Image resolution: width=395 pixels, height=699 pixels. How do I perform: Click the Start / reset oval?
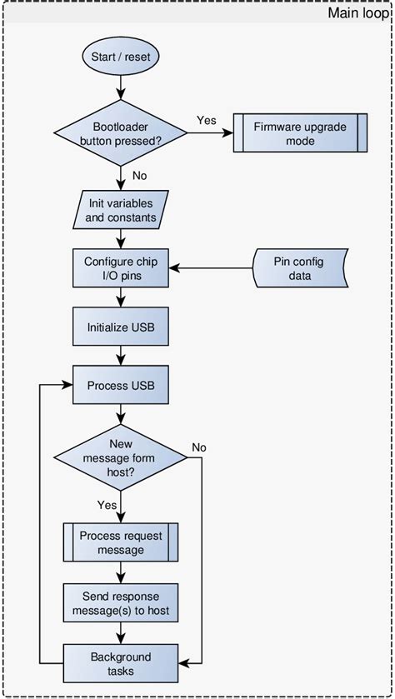click(x=121, y=57)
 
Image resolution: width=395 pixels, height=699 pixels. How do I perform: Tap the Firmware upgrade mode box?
click(x=299, y=133)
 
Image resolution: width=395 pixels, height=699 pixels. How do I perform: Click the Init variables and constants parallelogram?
click(x=121, y=210)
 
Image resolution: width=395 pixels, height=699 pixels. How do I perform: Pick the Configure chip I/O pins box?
click(x=121, y=268)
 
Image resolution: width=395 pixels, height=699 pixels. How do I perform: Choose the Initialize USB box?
click(x=121, y=327)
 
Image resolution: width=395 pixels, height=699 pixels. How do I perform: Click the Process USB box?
click(x=121, y=386)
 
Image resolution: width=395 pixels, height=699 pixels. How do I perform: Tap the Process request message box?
click(x=121, y=542)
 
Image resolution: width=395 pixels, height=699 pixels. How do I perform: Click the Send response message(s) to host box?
click(x=121, y=603)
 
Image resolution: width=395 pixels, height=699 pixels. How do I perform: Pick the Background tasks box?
click(x=121, y=663)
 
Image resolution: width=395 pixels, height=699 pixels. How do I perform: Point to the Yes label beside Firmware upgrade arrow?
click(x=206, y=121)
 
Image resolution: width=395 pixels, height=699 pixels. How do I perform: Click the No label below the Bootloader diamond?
click(x=140, y=177)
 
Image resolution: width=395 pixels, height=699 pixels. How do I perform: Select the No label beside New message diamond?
click(x=199, y=447)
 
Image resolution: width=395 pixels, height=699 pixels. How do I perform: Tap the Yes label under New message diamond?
click(x=107, y=505)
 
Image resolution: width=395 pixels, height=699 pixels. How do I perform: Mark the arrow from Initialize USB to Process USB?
click(x=122, y=355)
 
